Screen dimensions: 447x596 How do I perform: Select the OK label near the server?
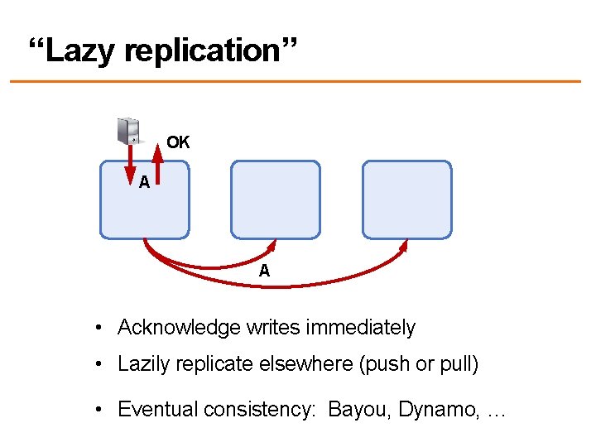178,142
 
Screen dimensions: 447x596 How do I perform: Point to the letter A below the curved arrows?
264,271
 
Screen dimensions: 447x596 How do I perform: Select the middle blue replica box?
275,199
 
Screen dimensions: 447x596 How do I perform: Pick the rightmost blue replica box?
407,199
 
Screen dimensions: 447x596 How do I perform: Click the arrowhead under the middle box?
272,246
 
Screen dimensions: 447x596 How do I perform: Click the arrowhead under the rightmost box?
405,246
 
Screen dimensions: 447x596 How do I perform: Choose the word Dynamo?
430,409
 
